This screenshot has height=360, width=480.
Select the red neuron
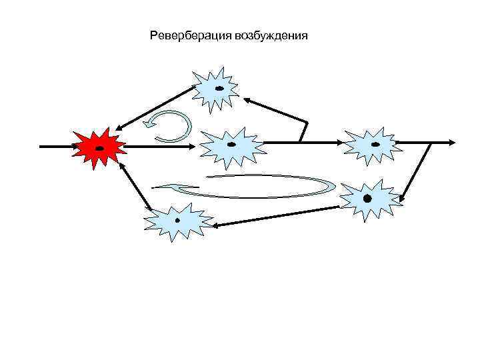tap(99, 146)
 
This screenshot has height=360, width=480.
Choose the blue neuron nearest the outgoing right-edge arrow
tap(373, 143)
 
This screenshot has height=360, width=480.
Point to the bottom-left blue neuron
tap(177, 220)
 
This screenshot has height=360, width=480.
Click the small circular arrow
tap(169, 125)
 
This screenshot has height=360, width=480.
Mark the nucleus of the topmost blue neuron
tap(219, 88)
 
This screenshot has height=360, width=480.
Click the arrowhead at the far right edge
tap(452, 142)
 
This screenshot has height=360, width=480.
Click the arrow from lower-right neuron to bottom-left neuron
tap(277, 216)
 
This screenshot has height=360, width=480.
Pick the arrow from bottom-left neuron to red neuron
tap(135, 187)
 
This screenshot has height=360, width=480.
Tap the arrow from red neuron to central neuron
tap(160, 145)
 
